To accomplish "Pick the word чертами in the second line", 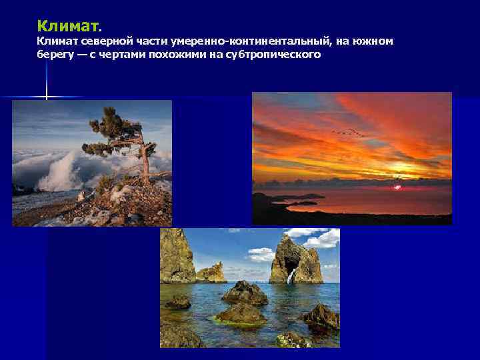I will (119, 55).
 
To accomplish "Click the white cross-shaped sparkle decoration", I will (46, 97).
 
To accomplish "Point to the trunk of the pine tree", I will (143, 160).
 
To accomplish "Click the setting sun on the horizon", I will (398, 187).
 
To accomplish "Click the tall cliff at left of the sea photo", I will (177, 257).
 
